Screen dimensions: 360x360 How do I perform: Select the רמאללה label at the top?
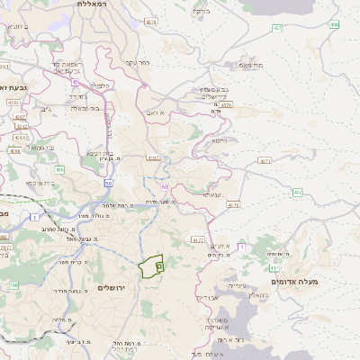click(93, 4)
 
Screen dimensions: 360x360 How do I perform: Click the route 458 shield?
click(334, 24)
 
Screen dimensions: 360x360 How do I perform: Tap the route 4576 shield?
click(225, 105)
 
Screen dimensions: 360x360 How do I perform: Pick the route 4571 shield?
click(264, 161)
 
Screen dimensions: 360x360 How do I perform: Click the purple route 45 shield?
click(76, 81)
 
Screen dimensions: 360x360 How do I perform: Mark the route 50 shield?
click(108, 183)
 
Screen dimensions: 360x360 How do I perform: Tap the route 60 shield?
click(165, 186)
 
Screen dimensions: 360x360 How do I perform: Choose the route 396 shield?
click(13, 285)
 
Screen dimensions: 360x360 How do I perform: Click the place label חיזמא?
click(216, 140)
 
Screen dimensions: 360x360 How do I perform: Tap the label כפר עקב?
click(137, 63)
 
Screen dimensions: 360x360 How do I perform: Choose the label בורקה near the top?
click(200, 12)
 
